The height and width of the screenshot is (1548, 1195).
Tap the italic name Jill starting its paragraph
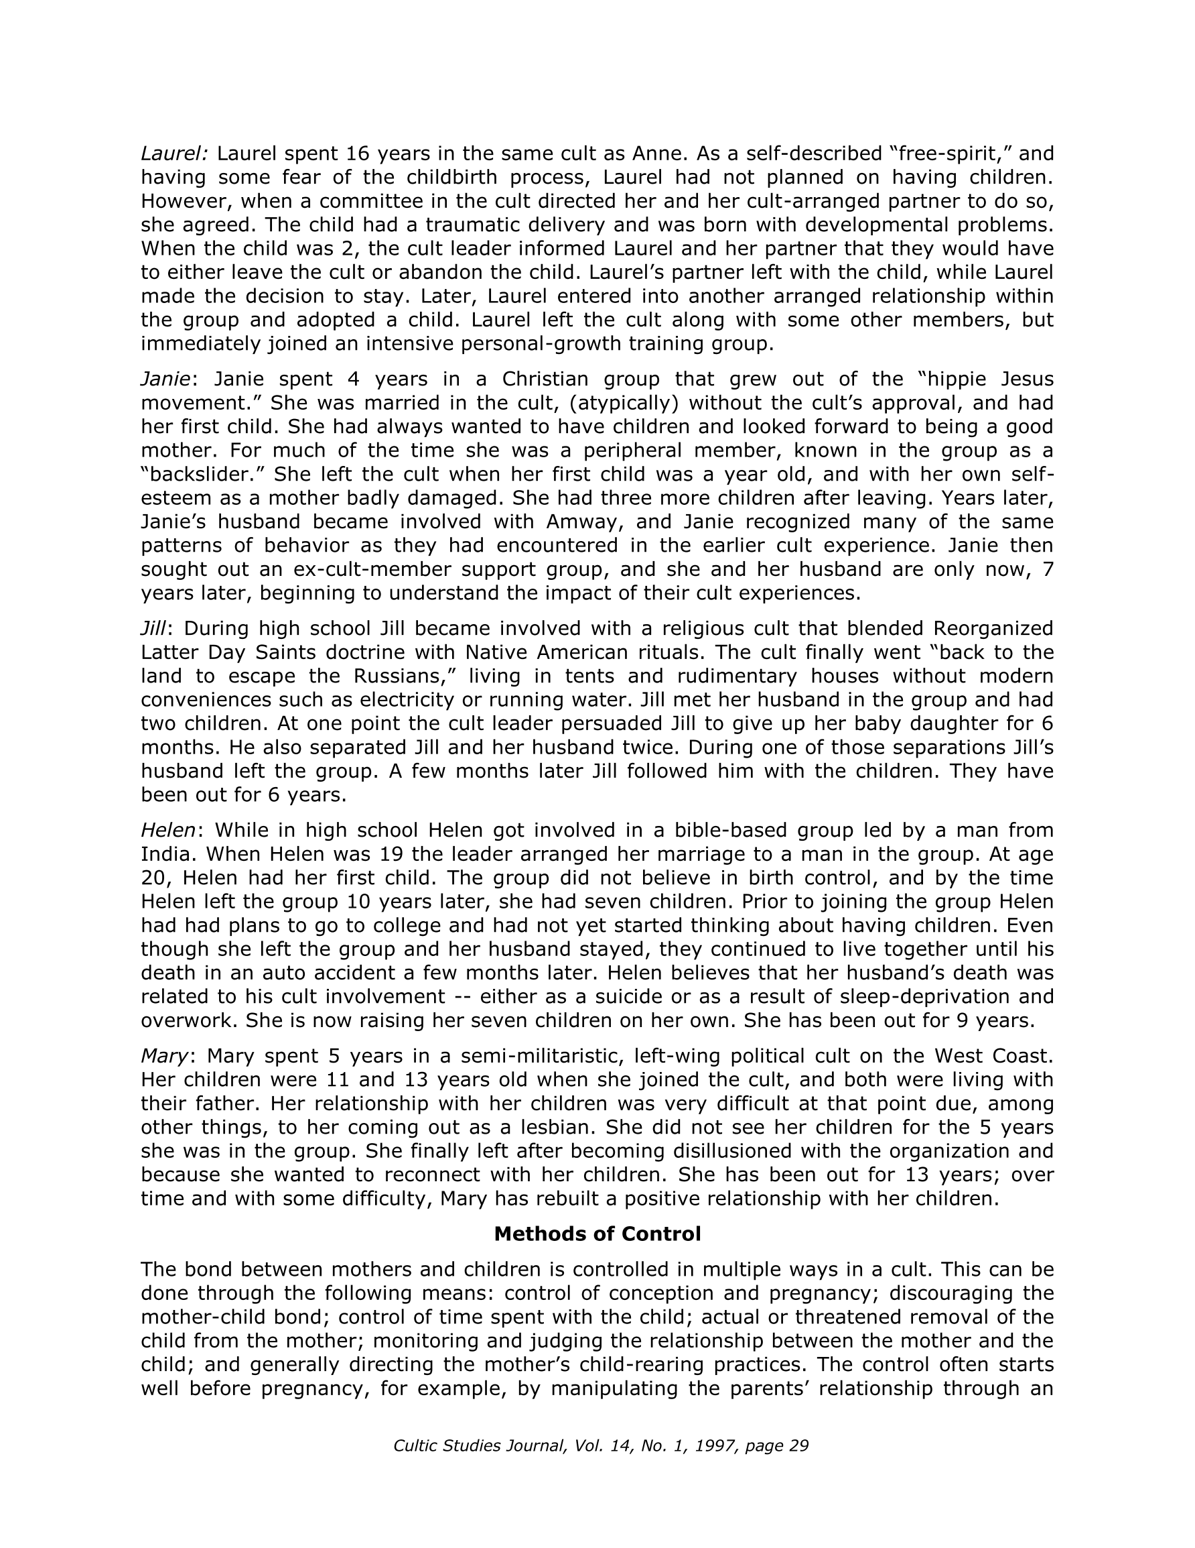[x=153, y=629]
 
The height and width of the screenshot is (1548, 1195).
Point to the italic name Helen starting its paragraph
[x=168, y=830]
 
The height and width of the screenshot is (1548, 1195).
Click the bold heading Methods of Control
[x=597, y=1234]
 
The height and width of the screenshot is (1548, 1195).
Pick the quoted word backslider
[x=202, y=474]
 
